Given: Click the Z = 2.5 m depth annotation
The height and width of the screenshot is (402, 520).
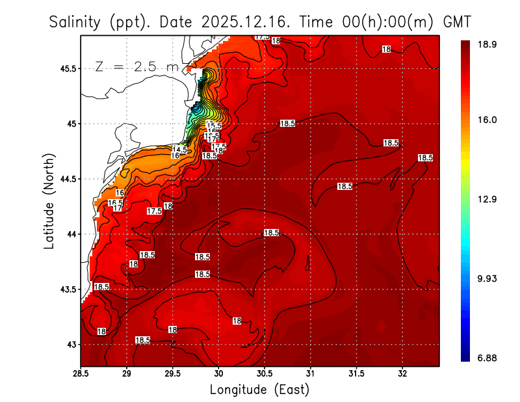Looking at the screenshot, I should [136, 66].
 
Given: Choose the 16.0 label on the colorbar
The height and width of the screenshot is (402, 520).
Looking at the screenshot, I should [488, 120].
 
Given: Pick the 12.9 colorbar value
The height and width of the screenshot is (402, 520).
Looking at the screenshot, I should [488, 199].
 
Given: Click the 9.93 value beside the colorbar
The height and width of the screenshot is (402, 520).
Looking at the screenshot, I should [488, 279].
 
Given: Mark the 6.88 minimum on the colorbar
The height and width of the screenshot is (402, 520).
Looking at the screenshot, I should [488, 358].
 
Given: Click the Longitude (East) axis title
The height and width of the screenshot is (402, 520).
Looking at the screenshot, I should [259, 390].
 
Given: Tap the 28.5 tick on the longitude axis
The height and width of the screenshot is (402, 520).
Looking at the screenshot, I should [81, 373].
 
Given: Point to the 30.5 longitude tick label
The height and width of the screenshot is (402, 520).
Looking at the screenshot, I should [265, 373].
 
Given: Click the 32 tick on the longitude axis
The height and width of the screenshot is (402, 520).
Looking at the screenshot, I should [402, 373].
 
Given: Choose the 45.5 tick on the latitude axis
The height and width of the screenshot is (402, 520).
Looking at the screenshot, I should [66, 68].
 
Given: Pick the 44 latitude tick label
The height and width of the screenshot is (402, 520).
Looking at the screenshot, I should [70, 234].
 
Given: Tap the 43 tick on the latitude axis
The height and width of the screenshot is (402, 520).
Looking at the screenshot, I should [70, 344].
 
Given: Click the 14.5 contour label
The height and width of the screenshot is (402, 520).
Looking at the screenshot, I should [179, 150].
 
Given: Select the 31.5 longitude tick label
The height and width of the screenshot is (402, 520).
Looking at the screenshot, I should [356, 373].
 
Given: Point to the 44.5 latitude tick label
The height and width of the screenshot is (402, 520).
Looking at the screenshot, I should [66, 179].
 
